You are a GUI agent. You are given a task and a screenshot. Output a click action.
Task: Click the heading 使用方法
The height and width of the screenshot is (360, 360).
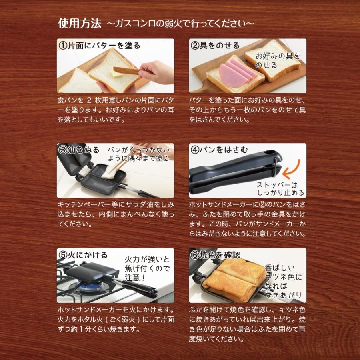[x=80, y=23]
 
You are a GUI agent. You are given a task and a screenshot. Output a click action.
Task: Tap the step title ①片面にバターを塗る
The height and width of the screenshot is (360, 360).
[x=100, y=45]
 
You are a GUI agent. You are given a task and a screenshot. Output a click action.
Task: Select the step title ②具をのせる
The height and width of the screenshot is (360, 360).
[x=214, y=45]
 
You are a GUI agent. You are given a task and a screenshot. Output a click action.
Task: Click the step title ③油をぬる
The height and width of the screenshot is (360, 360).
[x=79, y=150]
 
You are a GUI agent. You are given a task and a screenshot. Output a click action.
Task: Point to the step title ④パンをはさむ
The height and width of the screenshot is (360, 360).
[x=219, y=150]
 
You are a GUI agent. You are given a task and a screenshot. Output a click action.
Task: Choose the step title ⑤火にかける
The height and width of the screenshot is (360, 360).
[x=83, y=255]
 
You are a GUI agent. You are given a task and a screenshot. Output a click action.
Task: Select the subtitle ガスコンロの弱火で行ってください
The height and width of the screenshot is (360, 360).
[x=180, y=23]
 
